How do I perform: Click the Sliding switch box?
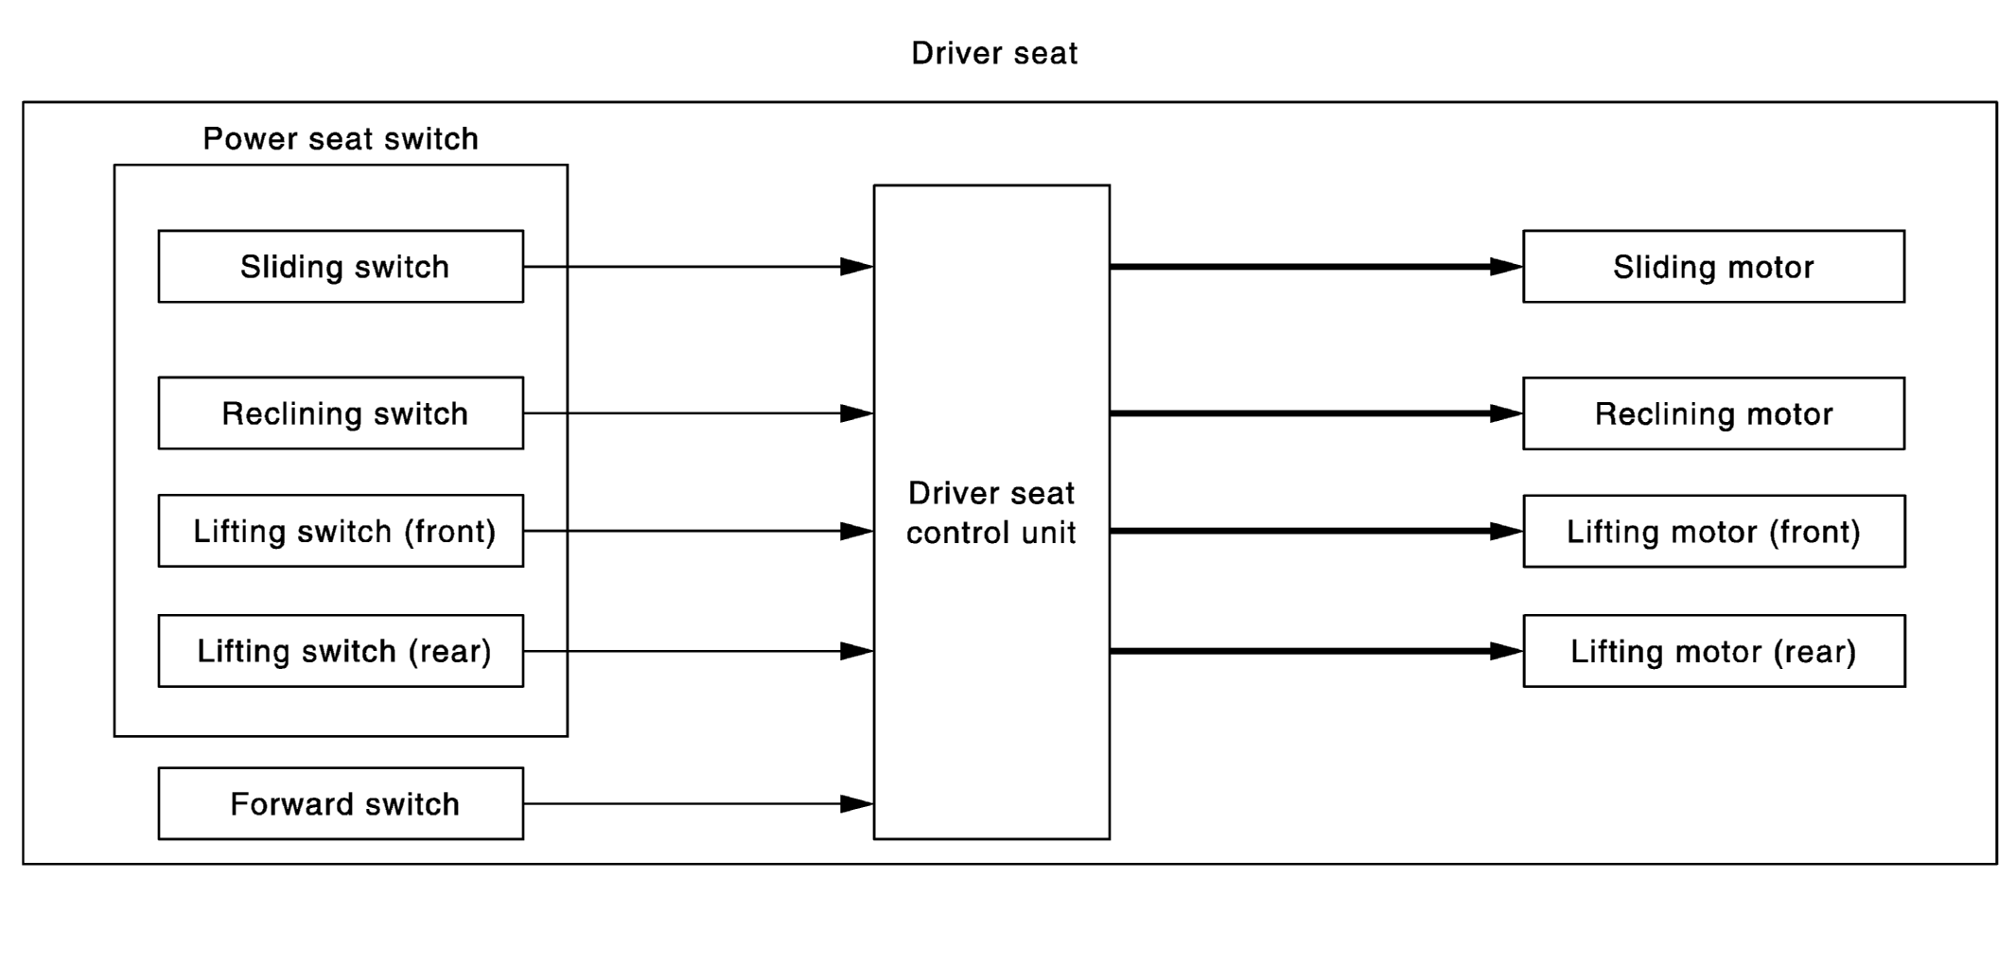(x=341, y=266)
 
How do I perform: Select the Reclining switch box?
(x=341, y=413)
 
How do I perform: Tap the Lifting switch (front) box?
(x=341, y=531)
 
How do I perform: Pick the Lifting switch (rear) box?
(x=341, y=651)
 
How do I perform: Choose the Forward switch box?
(x=341, y=803)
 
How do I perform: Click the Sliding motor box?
(x=1713, y=266)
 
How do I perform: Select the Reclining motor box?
(x=1713, y=413)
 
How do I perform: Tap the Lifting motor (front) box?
(x=1713, y=531)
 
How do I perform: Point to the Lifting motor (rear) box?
(x=1713, y=651)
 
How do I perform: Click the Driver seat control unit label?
(x=991, y=513)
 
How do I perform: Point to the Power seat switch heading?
(x=341, y=139)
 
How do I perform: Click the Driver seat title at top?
(x=994, y=53)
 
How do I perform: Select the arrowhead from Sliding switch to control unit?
(x=856, y=267)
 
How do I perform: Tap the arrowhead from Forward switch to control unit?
(x=856, y=803)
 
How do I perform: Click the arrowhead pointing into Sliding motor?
(x=1506, y=267)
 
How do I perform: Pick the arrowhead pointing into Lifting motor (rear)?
(x=1506, y=651)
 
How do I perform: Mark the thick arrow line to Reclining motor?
(x=1316, y=413)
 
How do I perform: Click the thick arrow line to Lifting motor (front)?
(x=1316, y=531)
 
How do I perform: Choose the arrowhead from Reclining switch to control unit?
(x=856, y=413)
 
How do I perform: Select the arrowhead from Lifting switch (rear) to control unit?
(x=856, y=651)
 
